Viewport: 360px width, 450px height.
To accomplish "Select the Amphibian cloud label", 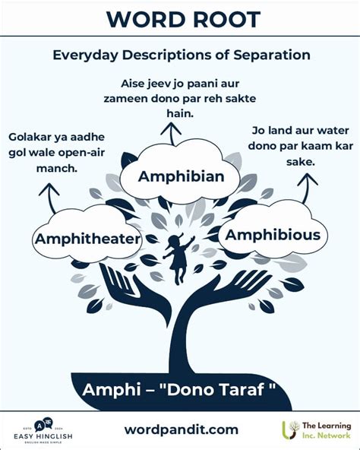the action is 181,176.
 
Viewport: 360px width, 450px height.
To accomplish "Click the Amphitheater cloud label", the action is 88,239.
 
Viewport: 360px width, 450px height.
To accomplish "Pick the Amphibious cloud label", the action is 273,235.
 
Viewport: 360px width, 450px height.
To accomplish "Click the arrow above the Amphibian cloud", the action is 171,134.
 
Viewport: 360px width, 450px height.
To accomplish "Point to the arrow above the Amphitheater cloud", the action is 49,198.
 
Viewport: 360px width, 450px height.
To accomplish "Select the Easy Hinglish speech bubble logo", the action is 43,425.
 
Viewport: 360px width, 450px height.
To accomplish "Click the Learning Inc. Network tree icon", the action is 290,429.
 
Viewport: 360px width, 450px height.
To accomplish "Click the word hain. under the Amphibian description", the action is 180,113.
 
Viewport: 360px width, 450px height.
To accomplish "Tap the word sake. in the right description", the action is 301,162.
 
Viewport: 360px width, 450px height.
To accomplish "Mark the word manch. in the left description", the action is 57,168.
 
